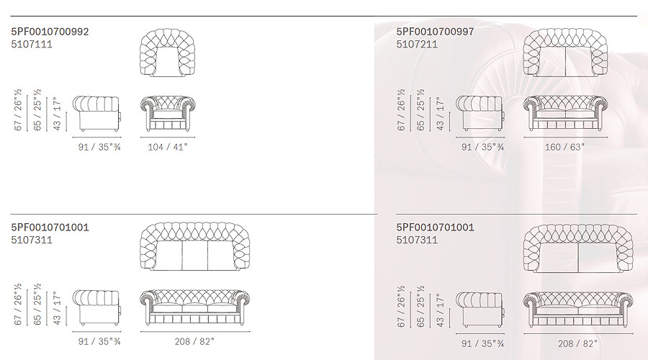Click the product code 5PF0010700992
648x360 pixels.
point(50,32)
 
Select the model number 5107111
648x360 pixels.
point(32,44)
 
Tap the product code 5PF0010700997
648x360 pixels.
point(435,32)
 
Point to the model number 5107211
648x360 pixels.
point(417,44)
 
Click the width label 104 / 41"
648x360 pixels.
point(167,147)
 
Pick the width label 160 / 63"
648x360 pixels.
point(564,147)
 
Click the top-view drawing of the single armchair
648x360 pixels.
point(167,53)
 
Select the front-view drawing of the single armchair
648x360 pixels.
point(168,114)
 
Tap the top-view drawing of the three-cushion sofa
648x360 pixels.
point(194,247)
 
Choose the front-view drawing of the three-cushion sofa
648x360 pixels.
point(195,308)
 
